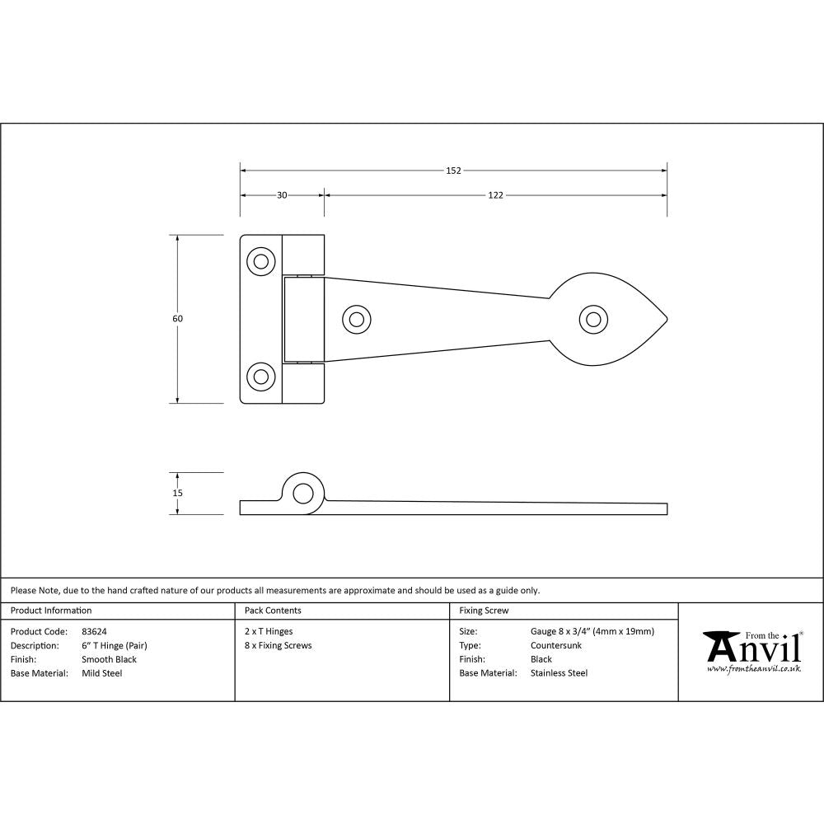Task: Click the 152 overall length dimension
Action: click(453, 171)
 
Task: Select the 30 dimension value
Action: click(282, 195)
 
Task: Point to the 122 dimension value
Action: click(495, 195)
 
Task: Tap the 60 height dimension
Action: click(177, 319)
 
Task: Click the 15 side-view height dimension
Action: click(177, 493)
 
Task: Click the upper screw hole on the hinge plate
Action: click(261, 262)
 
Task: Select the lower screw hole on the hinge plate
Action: click(261, 377)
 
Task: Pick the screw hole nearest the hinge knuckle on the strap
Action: click(356, 319)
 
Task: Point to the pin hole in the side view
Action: click(303, 494)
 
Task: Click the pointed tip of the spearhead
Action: click(666, 320)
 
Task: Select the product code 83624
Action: click(95, 632)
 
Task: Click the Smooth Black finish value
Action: click(109, 659)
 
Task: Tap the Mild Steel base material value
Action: click(102, 673)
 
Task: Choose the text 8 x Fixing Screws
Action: click(278, 645)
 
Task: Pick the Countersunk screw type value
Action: click(556, 645)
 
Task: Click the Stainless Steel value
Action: click(559, 673)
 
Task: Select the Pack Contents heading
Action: click(273, 611)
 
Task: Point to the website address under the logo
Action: click(753, 669)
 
